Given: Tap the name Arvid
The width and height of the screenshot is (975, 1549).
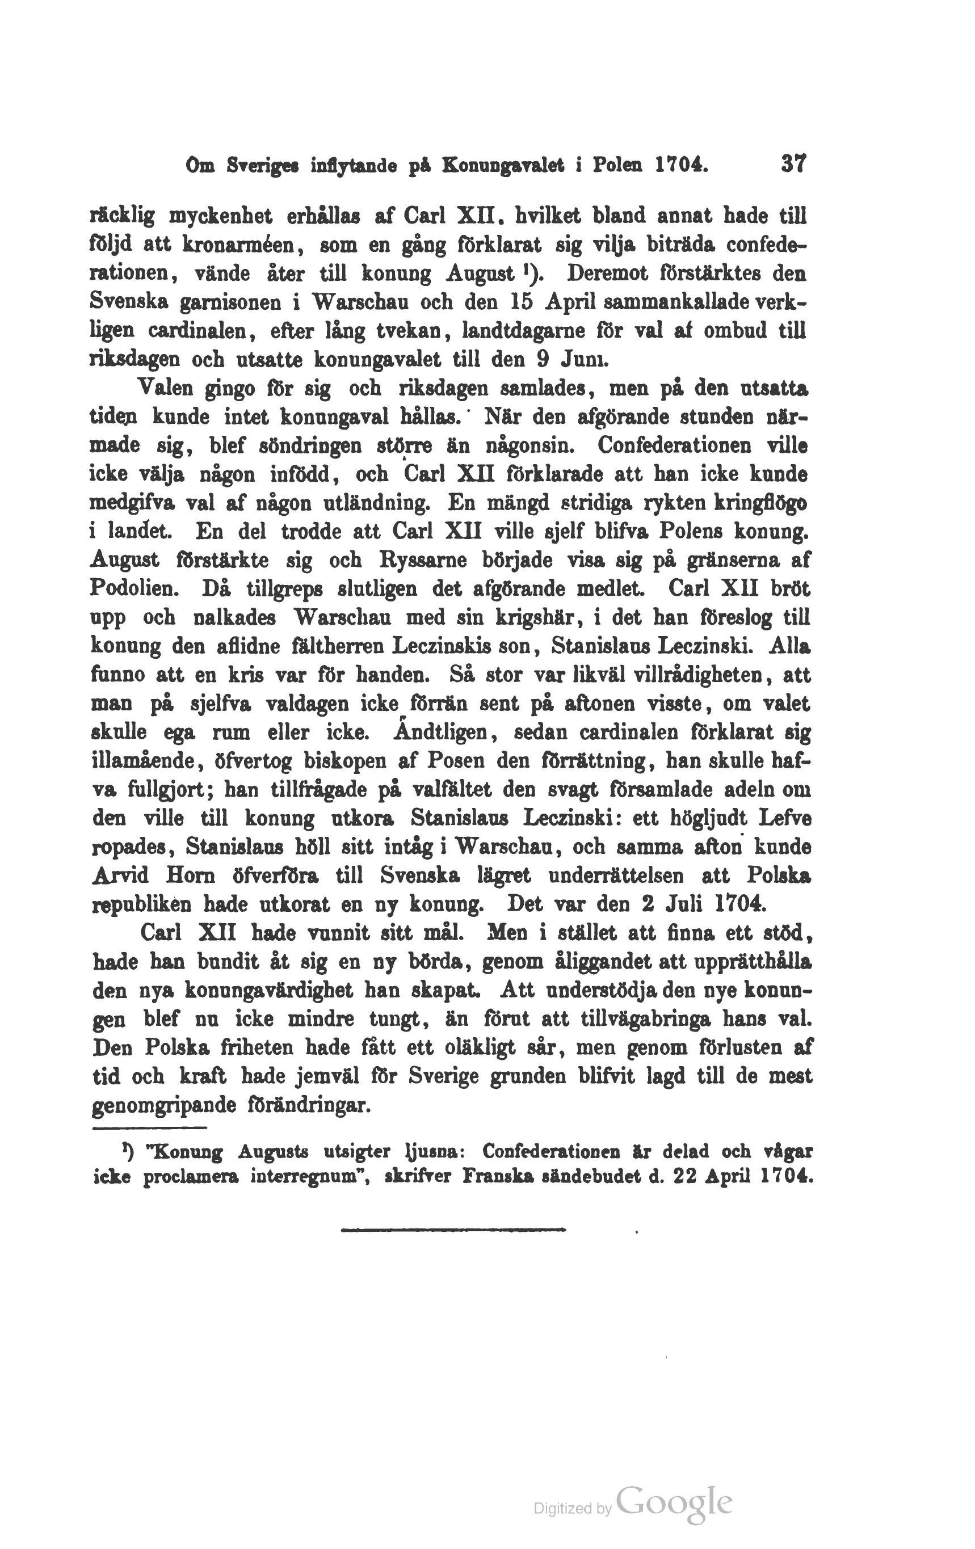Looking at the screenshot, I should pyautogui.click(x=121, y=875).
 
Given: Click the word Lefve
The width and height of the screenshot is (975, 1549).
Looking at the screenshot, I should pyautogui.click(x=784, y=818).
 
